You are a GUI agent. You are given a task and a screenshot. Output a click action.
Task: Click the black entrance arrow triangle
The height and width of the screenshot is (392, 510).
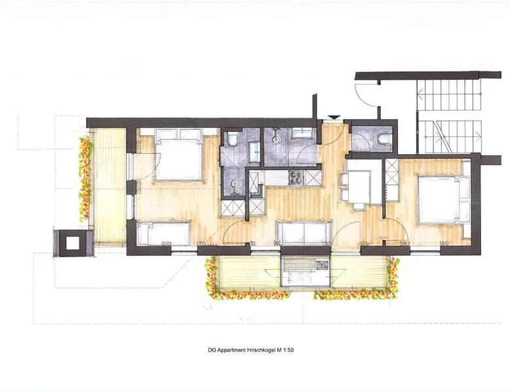click(x=334, y=117)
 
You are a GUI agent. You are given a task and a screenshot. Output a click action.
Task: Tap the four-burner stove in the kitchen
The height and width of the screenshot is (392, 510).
click(x=296, y=178)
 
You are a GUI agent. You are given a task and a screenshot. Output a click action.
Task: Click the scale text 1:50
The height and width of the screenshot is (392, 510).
click(x=288, y=350)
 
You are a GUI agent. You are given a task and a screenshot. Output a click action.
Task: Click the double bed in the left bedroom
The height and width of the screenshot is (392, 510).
click(x=178, y=154)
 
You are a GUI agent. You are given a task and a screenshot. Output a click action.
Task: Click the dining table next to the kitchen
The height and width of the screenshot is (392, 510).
click(x=359, y=187)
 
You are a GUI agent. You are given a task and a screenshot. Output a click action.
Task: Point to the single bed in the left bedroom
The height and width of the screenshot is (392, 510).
click(x=163, y=233)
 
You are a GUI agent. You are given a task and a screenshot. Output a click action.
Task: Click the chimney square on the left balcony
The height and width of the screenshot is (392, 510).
click(x=72, y=243)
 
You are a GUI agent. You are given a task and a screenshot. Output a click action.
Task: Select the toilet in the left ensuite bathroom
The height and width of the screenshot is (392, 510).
click(x=232, y=139)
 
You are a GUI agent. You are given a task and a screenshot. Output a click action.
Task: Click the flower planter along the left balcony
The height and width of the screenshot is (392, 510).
click(x=85, y=179)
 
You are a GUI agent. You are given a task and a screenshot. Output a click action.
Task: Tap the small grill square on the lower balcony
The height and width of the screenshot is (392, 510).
click(x=322, y=265)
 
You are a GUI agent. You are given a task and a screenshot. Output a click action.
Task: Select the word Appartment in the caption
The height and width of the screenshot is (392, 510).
click(x=231, y=350)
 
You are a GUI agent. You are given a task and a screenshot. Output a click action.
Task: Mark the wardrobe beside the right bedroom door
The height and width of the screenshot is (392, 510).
click(x=391, y=180)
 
